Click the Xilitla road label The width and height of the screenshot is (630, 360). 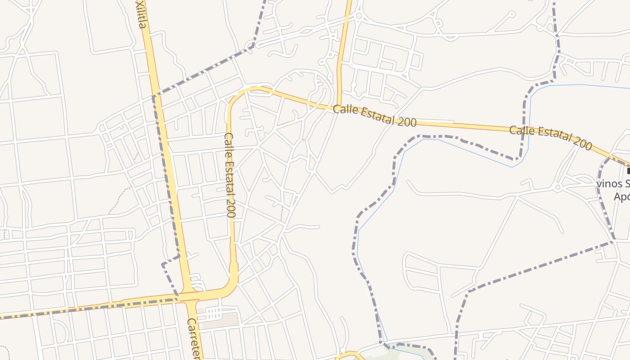coord(141,14)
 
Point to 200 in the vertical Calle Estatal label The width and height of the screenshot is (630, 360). coord(231,209)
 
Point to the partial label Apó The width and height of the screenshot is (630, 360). coord(621,197)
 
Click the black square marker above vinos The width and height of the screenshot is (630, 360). coord(629,171)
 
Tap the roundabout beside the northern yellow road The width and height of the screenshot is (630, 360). coord(359,16)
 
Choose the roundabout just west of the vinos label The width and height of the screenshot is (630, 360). coord(558,187)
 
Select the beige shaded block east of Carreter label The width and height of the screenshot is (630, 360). coord(220,320)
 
